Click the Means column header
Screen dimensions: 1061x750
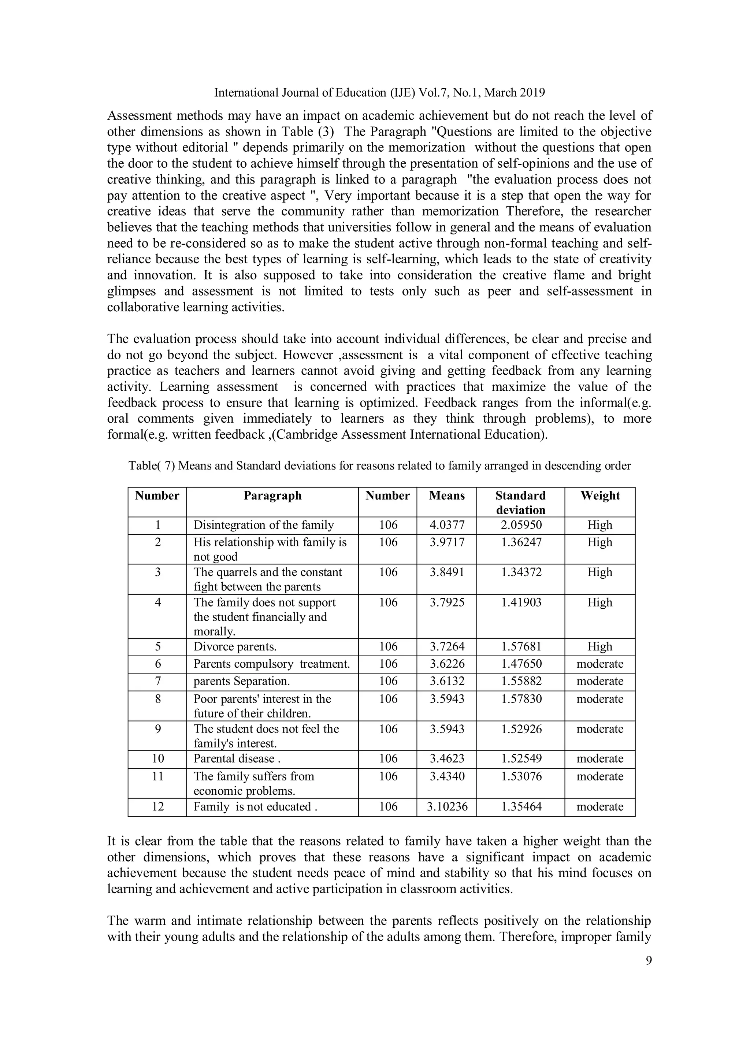pos(446,496)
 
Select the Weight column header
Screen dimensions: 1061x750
pos(600,496)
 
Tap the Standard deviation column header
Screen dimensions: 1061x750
pos(520,503)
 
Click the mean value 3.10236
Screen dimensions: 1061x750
pos(447,807)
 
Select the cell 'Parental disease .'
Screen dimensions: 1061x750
pos(237,759)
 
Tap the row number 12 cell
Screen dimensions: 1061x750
pos(157,807)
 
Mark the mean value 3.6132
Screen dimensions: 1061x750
pos(446,681)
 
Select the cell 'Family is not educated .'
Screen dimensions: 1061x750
pos(255,807)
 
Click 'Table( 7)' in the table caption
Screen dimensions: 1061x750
pos(152,466)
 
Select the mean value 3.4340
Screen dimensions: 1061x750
pos(446,776)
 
